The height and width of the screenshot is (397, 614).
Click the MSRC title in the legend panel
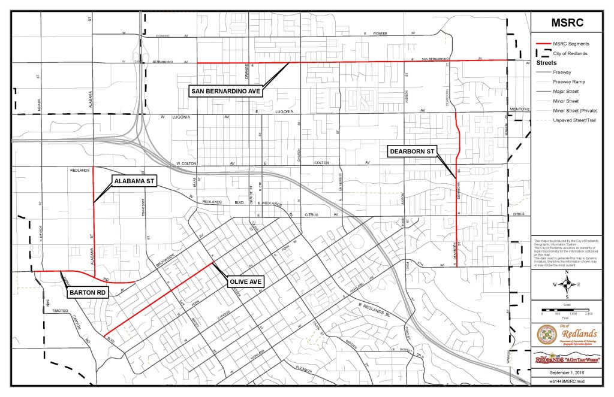coord(567,24)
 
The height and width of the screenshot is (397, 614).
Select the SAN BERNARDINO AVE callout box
coord(228,92)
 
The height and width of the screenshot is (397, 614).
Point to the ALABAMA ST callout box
coord(135,183)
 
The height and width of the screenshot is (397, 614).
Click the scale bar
coord(566,310)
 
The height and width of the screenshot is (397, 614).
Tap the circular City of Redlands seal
coord(546,334)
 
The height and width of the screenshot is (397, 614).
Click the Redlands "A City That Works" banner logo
coord(566,358)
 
